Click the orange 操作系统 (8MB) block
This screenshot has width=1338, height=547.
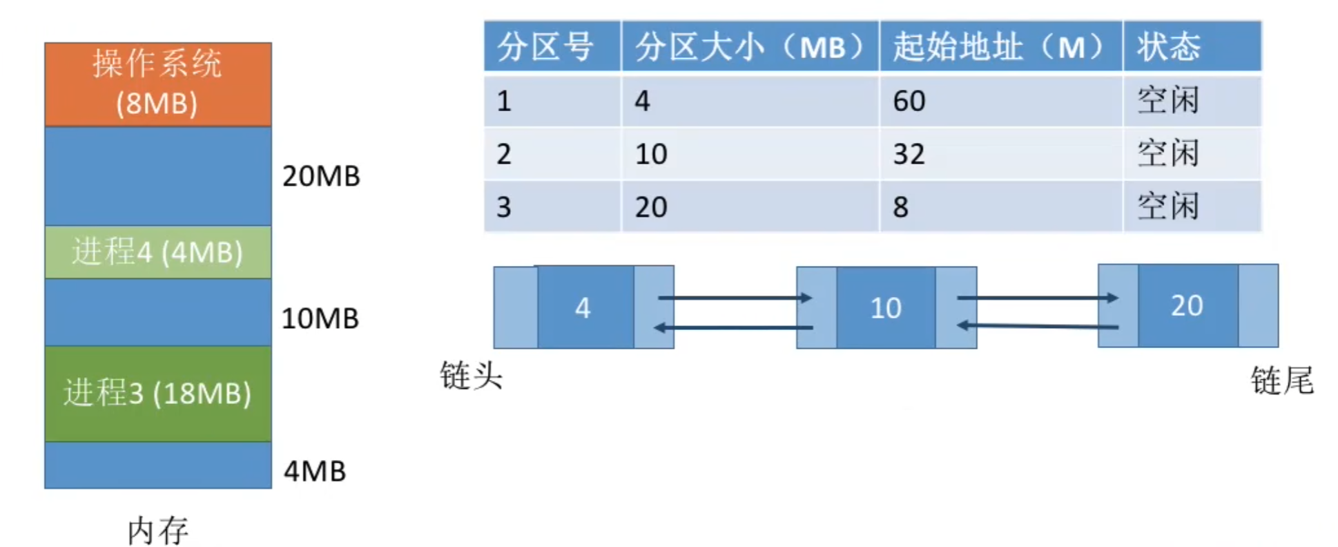(157, 84)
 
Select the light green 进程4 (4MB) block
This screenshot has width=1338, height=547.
(157, 252)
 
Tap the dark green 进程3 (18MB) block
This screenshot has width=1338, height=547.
(157, 393)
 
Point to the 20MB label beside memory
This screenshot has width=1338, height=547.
(321, 176)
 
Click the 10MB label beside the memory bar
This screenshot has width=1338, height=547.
(320, 318)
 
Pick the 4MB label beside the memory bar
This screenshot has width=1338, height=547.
(315, 471)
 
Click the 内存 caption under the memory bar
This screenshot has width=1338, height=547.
(157, 530)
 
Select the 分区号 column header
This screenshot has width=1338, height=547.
(545, 47)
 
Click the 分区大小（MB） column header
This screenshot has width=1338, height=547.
(749, 47)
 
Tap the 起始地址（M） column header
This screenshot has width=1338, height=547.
(999, 47)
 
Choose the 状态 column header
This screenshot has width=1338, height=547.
(1169, 47)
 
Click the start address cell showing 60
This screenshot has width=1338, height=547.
(909, 101)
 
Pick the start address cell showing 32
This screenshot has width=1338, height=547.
(909, 154)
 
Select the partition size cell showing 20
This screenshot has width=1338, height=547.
(651, 207)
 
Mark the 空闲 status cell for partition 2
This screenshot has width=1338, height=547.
(1168, 153)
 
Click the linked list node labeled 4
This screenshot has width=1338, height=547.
(583, 307)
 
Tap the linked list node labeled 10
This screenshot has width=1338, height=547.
(886, 308)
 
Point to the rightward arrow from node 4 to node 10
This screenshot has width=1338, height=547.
(735, 298)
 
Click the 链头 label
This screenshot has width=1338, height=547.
(472, 376)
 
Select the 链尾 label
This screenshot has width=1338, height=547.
(1282, 380)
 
